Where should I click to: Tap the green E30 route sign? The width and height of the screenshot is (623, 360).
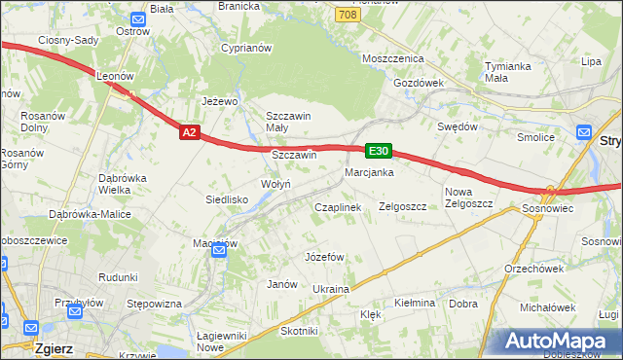[x=379, y=151]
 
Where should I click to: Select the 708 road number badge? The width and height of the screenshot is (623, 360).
[x=347, y=16]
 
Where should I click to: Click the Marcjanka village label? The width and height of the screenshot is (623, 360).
[x=368, y=172]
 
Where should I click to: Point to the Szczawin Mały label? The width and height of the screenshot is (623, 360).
[x=288, y=122]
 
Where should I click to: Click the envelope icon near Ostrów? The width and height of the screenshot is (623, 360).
[x=137, y=18]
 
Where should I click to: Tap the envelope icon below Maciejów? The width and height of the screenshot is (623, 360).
[x=219, y=251]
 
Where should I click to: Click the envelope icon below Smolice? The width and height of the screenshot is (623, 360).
[x=584, y=131]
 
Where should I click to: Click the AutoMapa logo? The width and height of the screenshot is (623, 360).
[x=560, y=341]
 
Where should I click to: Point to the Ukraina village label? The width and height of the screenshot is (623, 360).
[x=331, y=290]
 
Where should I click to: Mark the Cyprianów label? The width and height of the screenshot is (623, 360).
[x=245, y=48]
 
